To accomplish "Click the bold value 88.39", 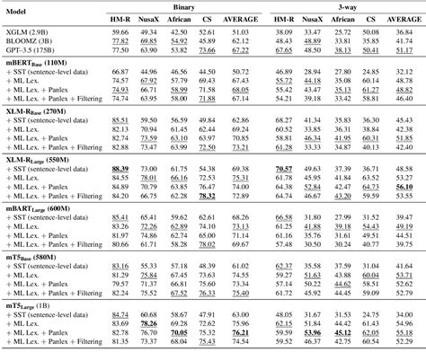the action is pyautogui.click(x=119, y=168).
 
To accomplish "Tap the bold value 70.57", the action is pyautogui.click(x=283, y=168).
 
